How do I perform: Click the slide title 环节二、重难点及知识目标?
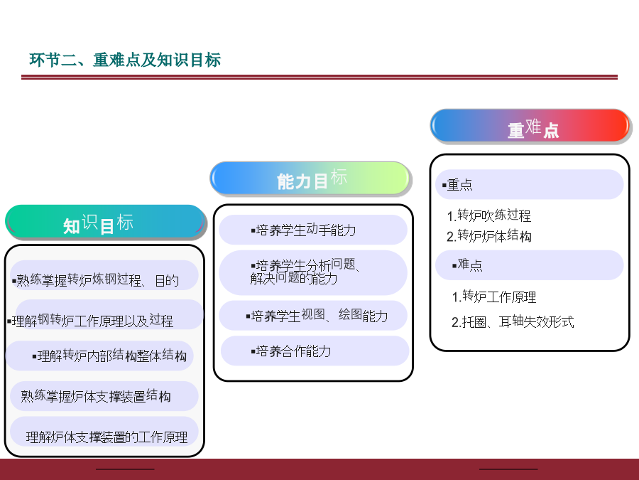click(x=125, y=60)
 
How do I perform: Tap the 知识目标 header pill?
click(x=106, y=222)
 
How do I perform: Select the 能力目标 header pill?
click(x=311, y=178)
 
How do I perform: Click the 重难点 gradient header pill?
click(x=530, y=126)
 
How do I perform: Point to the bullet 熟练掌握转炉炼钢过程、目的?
click(x=96, y=280)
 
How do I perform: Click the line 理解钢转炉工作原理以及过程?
click(x=90, y=321)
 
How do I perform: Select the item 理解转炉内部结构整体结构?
click(x=109, y=356)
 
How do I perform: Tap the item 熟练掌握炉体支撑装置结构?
click(x=96, y=396)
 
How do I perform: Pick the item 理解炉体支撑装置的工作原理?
click(x=106, y=437)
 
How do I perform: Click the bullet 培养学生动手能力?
click(x=304, y=230)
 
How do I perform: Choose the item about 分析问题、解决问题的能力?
click(x=305, y=272)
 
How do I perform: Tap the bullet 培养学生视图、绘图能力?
click(x=317, y=316)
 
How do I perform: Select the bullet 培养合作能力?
click(x=291, y=351)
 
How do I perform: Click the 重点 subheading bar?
click(x=530, y=184)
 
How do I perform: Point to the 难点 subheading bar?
click(x=530, y=265)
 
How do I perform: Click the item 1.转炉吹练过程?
click(x=489, y=215)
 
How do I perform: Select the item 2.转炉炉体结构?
click(x=489, y=236)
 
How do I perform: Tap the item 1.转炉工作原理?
click(x=494, y=297)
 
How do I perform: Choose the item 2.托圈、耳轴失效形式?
click(x=513, y=322)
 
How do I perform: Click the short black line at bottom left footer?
click(x=125, y=469)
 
